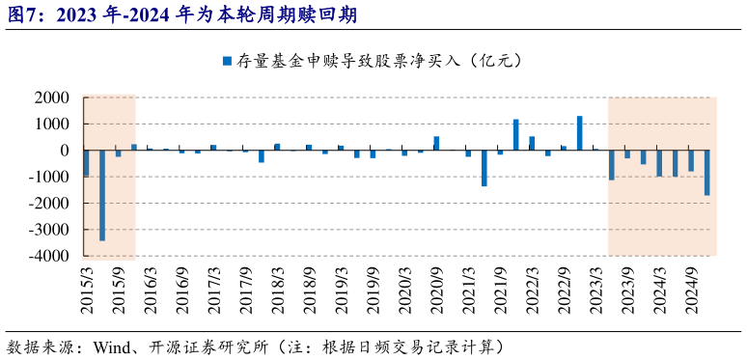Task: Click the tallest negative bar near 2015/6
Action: (102, 195)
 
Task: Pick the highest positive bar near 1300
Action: (579, 133)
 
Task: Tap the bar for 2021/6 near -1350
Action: (484, 168)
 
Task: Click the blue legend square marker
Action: (227, 61)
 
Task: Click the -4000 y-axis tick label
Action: (47, 256)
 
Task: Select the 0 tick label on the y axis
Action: (64, 151)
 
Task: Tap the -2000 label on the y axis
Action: (47, 204)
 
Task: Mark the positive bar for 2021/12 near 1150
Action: (515, 135)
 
